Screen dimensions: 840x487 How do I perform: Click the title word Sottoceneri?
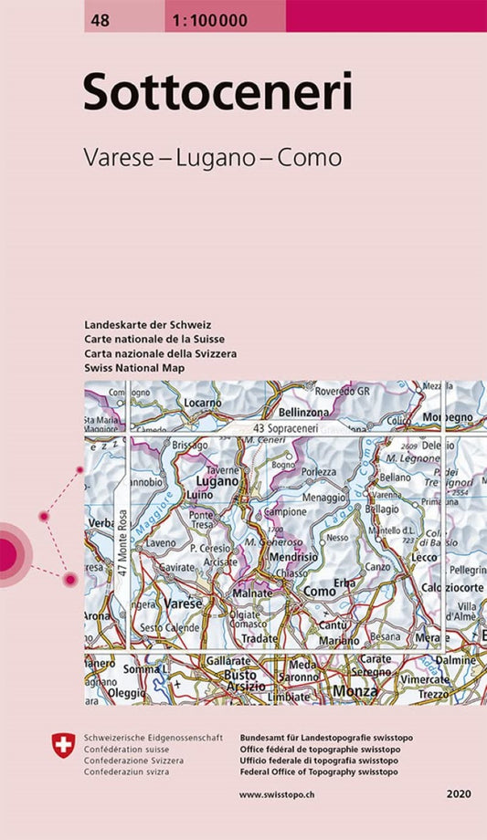(x=217, y=92)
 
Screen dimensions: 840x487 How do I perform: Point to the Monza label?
(x=355, y=691)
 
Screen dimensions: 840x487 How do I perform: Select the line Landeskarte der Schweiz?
(x=148, y=325)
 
